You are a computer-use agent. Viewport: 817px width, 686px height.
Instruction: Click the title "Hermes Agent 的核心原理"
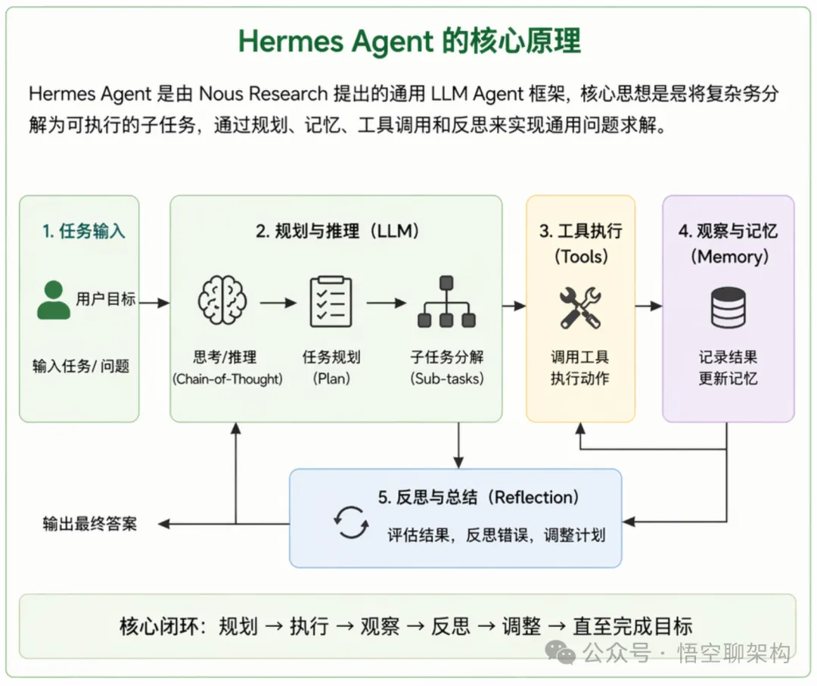pos(409,41)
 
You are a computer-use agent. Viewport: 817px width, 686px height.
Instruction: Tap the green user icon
pos(54,300)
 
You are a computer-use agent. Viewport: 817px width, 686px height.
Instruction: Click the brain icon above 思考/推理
pos(222,301)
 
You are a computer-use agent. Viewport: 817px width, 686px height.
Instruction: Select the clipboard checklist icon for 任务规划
pos(331,301)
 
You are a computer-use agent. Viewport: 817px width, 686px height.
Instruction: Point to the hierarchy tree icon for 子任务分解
pos(446,301)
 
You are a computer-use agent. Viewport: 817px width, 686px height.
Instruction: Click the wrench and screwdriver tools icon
pos(580,307)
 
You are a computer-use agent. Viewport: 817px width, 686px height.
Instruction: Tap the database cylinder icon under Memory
pos(728,307)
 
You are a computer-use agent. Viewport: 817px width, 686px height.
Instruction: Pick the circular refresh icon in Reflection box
pos(352,522)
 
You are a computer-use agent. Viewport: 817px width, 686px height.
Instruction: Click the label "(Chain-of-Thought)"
pos(228,379)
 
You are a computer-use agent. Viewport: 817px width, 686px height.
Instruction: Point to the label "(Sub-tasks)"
pos(446,379)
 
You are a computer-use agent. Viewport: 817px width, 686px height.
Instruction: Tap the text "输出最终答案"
pos(90,523)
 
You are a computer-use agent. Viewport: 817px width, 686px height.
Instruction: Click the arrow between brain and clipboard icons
pos(278,303)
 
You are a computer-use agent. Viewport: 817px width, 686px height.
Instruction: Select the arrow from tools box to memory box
pos(648,306)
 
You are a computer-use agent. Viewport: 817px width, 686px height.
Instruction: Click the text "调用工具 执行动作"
pos(580,367)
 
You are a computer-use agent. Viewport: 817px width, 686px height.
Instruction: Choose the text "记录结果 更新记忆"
pos(728,367)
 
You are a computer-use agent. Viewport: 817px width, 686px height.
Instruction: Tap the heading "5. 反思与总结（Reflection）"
pos(479,497)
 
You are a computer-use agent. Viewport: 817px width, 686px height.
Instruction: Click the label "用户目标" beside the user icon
pos(106,298)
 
